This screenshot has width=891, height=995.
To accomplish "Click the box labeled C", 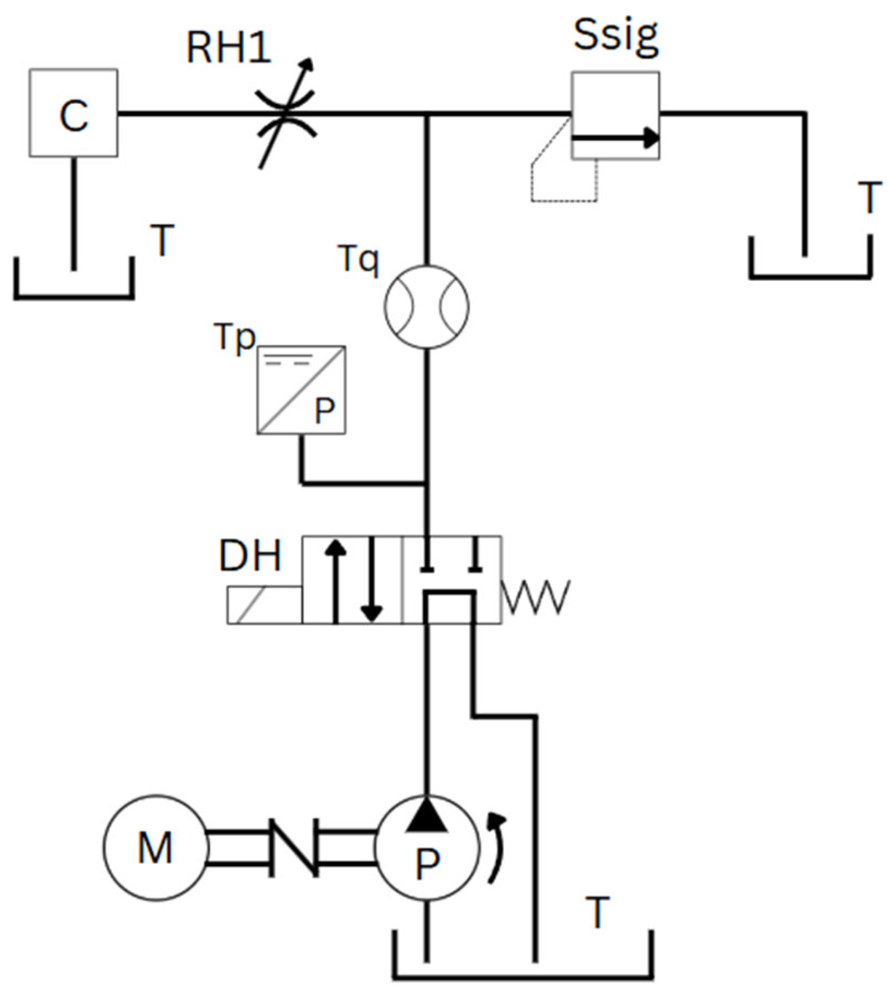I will [74, 113].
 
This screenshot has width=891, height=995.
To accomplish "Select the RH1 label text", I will [229, 48].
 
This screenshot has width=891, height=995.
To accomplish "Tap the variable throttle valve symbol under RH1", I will [285, 113].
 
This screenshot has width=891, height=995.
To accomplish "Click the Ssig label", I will [616, 35].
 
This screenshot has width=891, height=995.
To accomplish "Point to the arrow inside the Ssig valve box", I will [615, 139].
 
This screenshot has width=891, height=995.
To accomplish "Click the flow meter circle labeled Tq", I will [427, 307].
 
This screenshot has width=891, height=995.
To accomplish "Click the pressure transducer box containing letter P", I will [301, 390].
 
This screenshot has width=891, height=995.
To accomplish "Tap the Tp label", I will [235, 337].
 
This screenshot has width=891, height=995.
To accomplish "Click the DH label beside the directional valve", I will [250, 556].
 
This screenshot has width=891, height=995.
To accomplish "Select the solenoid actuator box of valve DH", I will [264, 605].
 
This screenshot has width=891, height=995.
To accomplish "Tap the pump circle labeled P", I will [427, 848].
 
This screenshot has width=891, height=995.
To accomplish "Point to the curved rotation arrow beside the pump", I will [497, 848].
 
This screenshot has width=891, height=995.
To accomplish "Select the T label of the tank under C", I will [162, 240].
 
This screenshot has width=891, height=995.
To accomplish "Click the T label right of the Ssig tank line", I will [869, 198].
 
